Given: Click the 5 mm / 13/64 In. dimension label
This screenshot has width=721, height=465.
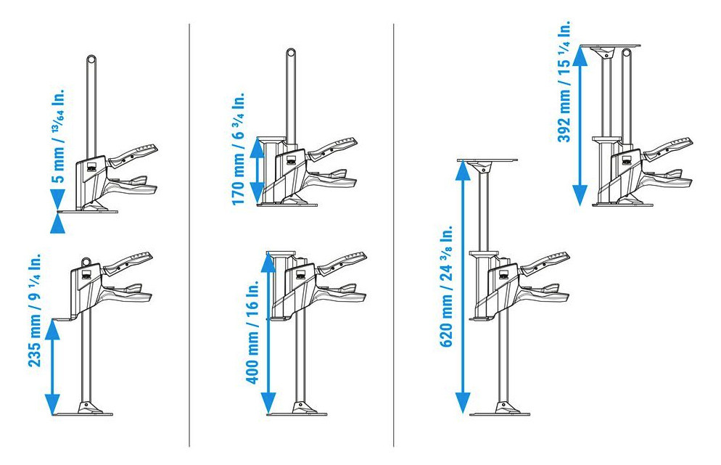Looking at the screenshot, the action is (59, 134).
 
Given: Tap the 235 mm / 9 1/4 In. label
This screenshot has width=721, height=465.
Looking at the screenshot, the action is (36, 310).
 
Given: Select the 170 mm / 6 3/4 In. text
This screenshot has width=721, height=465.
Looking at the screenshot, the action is (238, 149).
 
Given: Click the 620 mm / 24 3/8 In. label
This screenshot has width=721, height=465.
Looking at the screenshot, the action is (446, 286).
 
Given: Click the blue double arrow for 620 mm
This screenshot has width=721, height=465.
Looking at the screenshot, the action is (463, 287).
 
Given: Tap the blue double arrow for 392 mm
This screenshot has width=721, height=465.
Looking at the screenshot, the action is (580, 125).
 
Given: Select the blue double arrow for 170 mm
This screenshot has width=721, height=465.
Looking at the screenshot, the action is (257, 170).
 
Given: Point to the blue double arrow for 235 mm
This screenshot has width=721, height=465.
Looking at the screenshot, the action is (53, 367).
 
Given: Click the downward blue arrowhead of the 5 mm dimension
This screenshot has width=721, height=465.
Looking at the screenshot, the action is (57, 199).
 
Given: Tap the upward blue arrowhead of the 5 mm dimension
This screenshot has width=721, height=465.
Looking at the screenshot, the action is (57, 223).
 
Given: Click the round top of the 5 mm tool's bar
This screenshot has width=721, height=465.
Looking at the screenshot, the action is (91, 59).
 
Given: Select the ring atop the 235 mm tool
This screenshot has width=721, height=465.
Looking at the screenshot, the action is (86, 261).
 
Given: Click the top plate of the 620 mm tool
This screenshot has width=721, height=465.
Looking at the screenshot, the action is (487, 160).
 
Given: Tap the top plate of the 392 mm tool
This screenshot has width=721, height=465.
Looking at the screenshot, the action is (610, 46).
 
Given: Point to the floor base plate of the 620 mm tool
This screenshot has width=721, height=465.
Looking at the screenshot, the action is (500, 414).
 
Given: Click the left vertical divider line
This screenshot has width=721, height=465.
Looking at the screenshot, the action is (189, 235).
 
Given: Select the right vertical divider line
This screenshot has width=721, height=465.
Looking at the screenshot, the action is (394, 235).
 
